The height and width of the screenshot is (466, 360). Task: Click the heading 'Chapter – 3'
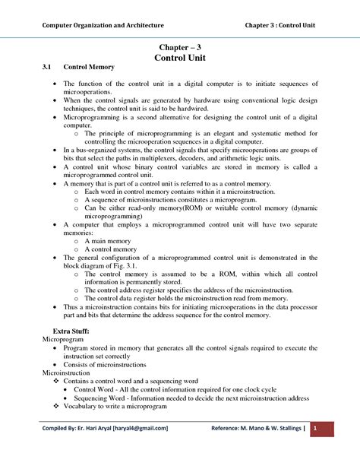[x=179, y=47]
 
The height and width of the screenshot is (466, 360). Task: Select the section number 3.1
[x=48, y=68]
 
